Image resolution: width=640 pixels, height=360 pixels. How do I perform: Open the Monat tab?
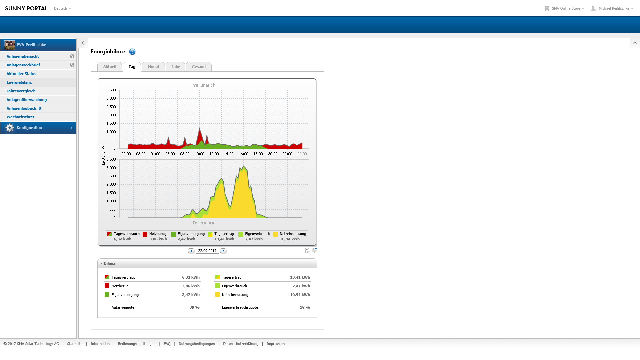(x=153, y=67)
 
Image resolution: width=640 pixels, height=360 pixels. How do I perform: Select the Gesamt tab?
(x=199, y=67)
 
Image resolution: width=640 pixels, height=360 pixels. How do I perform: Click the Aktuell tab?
(x=110, y=67)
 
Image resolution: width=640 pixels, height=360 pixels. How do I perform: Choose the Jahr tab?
(x=175, y=67)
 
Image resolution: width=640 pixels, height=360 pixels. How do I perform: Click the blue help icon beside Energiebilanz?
(x=132, y=52)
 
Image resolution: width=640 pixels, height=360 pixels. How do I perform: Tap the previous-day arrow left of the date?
(x=191, y=251)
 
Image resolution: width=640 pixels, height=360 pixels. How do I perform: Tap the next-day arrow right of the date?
(x=223, y=251)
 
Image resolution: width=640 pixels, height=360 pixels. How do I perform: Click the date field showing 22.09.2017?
(x=207, y=251)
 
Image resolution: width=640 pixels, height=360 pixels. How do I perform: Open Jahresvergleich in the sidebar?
(x=21, y=91)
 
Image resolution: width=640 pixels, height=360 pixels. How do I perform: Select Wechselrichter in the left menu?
(x=20, y=117)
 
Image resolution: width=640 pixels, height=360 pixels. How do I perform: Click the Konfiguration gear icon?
(x=10, y=128)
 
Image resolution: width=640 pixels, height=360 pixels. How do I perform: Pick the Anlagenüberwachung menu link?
(x=27, y=100)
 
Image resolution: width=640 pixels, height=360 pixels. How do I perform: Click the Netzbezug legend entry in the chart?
(x=155, y=236)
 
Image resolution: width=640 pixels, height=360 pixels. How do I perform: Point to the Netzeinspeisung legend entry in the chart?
(x=290, y=236)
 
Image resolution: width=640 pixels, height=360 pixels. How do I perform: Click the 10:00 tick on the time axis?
(x=199, y=154)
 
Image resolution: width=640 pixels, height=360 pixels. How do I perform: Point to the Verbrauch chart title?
(x=204, y=85)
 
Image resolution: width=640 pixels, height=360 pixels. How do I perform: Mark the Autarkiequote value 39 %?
(x=194, y=307)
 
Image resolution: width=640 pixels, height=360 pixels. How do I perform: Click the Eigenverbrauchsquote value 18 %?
(x=305, y=307)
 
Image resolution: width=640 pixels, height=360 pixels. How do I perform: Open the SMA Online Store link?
(x=566, y=8)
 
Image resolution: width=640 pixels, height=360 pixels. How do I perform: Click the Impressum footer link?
(x=275, y=344)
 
